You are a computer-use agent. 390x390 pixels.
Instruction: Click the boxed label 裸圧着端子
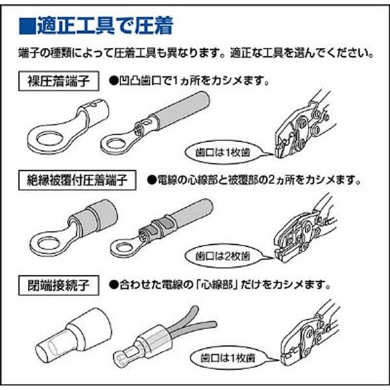point(60,83)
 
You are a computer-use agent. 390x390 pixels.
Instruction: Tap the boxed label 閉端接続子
point(60,284)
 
